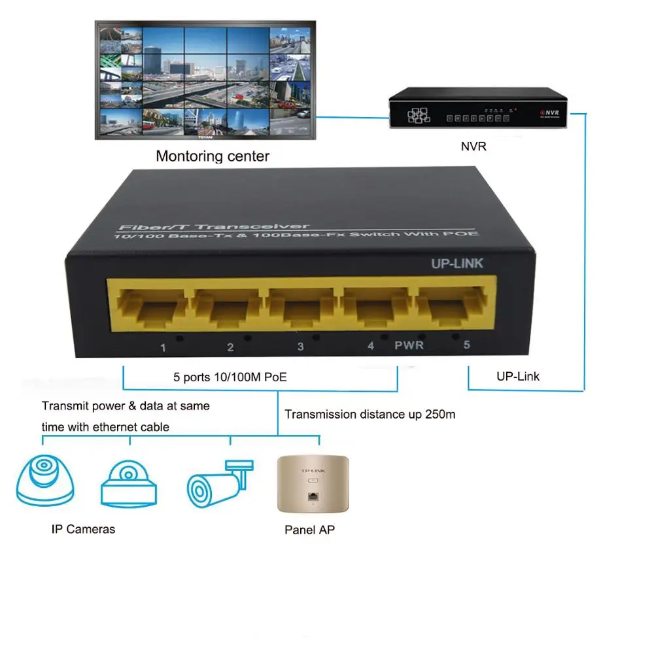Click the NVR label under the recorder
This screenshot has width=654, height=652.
[473, 146]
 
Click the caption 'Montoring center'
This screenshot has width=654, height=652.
[212, 156]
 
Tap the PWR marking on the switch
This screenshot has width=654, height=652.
[409, 345]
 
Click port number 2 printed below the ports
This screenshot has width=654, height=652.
[230, 347]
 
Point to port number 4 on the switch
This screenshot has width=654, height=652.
[371, 346]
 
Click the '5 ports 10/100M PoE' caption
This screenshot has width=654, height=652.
[230, 377]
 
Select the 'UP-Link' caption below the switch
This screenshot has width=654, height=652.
[518, 376]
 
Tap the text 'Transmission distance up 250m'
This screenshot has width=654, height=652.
[370, 414]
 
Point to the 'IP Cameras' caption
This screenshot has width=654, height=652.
[83, 528]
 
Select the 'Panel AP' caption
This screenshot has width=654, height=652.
[309, 530]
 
